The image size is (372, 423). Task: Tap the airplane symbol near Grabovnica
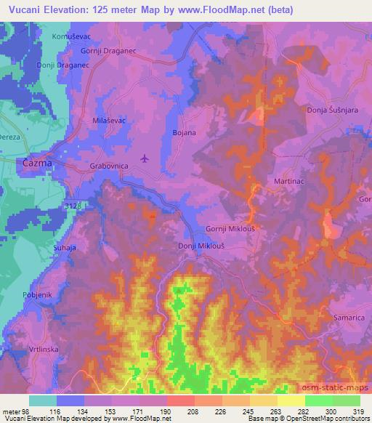click(145, 158)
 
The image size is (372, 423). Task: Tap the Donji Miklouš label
click(201, 246)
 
